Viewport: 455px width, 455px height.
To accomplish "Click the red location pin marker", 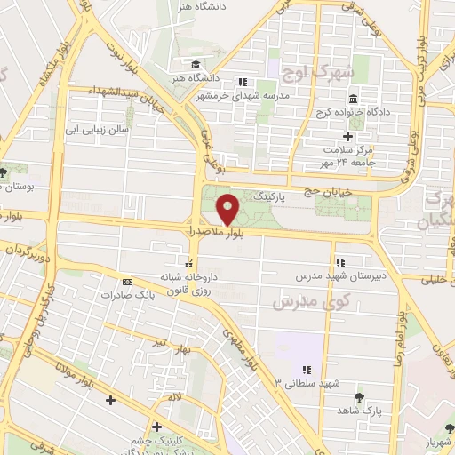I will [228, 208].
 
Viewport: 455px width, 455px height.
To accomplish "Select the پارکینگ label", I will [271, 194].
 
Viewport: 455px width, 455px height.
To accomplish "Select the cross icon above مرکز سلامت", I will [347, 136].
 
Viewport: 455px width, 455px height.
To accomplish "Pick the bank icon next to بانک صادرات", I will [126, 281].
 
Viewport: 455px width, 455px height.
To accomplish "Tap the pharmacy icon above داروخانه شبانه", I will [188, 263].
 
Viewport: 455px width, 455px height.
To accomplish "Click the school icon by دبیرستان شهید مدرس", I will [339, 262].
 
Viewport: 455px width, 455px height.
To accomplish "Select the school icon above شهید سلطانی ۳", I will [305, 370].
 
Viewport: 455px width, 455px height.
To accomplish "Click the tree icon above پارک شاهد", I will [359, 398].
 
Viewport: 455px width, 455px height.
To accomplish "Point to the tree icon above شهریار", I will [443, 426].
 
